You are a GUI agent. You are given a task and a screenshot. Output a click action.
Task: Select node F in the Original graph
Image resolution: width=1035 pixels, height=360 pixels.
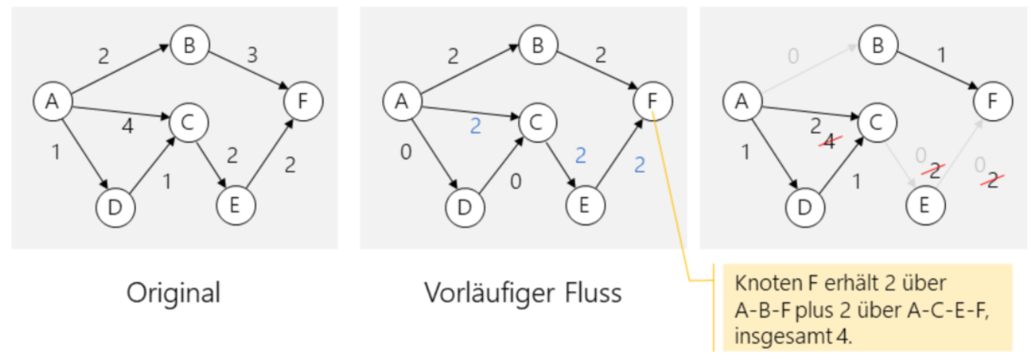point(304,102)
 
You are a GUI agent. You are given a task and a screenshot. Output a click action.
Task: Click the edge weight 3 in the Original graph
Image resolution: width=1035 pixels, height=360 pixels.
point(251,55)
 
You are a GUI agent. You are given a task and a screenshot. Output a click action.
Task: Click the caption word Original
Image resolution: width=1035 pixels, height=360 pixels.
point(174,292)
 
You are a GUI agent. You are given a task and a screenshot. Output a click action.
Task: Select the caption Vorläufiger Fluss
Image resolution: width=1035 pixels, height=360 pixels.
point(523,292)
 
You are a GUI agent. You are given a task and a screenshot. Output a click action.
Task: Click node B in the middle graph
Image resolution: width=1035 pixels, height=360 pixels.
point(537,45)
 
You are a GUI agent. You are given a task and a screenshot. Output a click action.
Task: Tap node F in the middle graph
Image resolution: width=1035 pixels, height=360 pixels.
point(652,102)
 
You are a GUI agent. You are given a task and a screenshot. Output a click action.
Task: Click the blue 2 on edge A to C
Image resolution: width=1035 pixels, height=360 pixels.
point(475,126)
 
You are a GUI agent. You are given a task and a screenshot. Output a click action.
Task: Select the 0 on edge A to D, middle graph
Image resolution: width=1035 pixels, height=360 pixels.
point(404,152)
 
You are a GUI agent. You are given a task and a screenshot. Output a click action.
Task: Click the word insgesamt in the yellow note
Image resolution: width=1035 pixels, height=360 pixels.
point(770,336)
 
